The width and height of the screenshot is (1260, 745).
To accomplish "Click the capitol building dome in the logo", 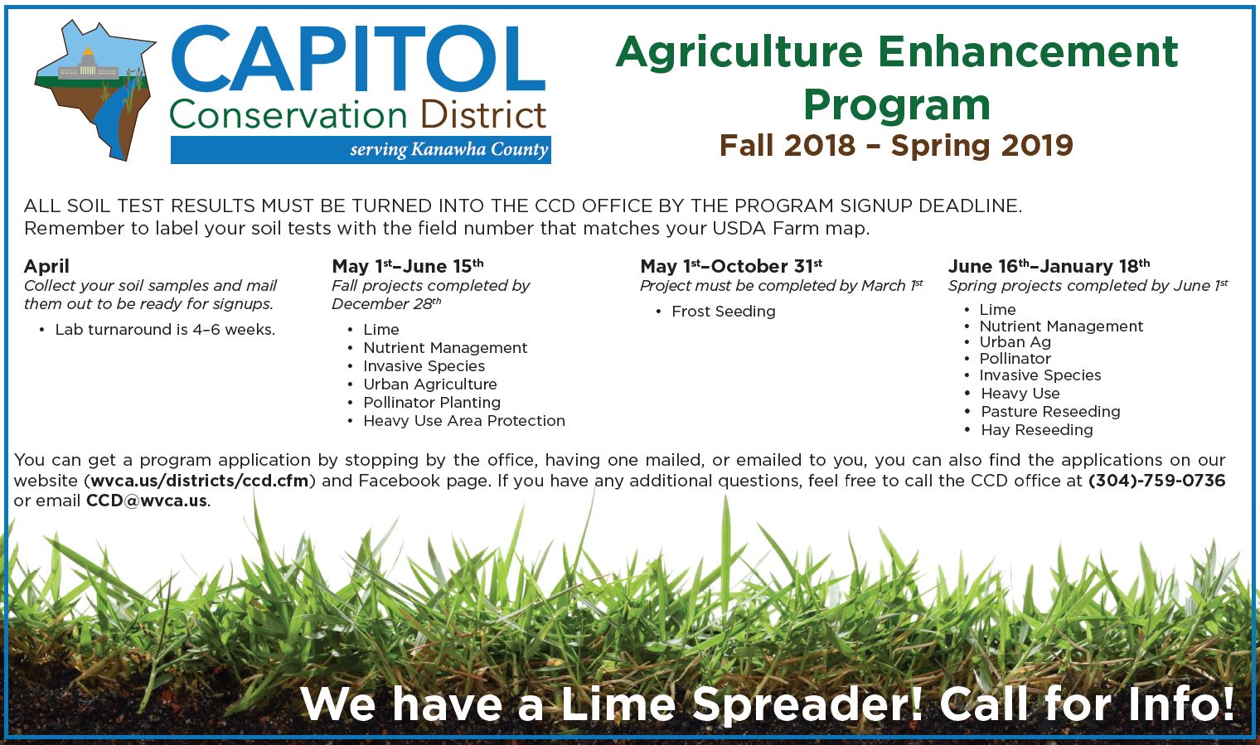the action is pyautogui.click(x=87, y=56).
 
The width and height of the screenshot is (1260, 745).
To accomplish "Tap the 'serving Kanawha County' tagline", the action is pyautogui.click(x=449, y=149).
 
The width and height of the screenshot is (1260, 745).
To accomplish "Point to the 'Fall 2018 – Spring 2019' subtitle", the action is pyautogui.click(x=897, y=145).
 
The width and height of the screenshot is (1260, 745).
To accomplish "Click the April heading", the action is pyautogui.click(x=46, y=266).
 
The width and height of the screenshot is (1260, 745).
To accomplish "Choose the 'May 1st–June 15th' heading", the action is pyautogui.click(x=408, y=265).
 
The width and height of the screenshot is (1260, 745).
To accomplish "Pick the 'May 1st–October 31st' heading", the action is pyautogui.click(x=731, y=265).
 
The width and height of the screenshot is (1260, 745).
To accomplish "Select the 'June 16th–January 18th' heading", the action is pyautogui.click(x=1049, y=265).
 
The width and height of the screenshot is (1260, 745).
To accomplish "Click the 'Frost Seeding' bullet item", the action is pyautogui.click(x=724, y=312).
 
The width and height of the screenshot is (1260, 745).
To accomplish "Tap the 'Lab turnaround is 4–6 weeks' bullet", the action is pyautogui.click(x=166, y=330).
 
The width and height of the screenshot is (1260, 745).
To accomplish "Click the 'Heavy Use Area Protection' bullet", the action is pyautogui.click(x=464, y=421).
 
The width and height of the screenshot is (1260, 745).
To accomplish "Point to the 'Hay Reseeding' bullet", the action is pyautogui.click(x=1037, y=430).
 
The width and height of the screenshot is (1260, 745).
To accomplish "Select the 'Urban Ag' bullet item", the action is pyautogui.click(x=1015, y=342).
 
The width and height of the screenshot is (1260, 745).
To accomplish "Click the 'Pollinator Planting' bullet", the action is pyautogui.click(x=432, y=403).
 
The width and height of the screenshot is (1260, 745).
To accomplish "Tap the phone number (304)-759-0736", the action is pyautogui.click(x=1156, y=481).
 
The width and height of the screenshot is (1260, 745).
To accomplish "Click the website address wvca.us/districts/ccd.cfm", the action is pyautogui.click(x=200, y=481).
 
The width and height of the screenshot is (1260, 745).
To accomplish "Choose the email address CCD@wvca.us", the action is pyautogui.click(x=146, y=501).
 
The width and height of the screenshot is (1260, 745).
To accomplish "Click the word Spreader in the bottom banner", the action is pyautogui.click(x=807, y=704).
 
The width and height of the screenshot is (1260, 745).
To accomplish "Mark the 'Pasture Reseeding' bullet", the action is pyautogui.click(x=1051, y=412).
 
